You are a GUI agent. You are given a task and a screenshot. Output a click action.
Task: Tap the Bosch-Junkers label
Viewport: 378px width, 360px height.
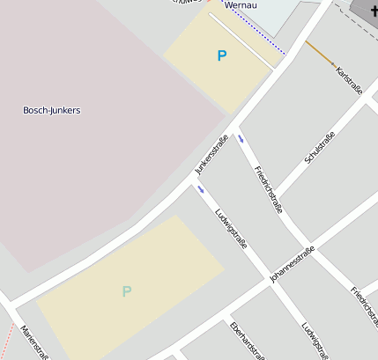(51, 110)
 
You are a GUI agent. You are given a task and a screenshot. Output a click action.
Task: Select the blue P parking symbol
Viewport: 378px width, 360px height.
(221, 55)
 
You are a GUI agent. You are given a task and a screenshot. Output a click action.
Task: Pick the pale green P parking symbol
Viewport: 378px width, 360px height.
(127, 290)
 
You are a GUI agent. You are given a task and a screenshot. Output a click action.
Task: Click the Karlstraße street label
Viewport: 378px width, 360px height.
(349, 80)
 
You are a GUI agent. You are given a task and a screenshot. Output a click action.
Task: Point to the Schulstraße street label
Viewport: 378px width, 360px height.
(319, 148)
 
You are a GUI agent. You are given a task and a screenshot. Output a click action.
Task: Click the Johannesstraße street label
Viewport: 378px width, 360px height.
(293, 264)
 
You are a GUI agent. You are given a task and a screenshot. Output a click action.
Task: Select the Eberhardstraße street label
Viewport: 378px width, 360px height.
(246, 342)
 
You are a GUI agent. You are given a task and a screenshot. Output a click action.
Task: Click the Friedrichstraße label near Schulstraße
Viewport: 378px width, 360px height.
(268, 189)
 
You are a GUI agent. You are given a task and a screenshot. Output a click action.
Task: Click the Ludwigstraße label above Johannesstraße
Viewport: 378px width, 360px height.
(231, 227)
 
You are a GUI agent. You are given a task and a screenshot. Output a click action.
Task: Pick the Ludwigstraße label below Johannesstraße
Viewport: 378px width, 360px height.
(315, 340)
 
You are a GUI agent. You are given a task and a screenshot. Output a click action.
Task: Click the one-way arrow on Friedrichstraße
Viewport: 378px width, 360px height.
(241, 139)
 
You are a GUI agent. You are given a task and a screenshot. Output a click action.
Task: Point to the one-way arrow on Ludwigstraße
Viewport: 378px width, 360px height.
(202, 189)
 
